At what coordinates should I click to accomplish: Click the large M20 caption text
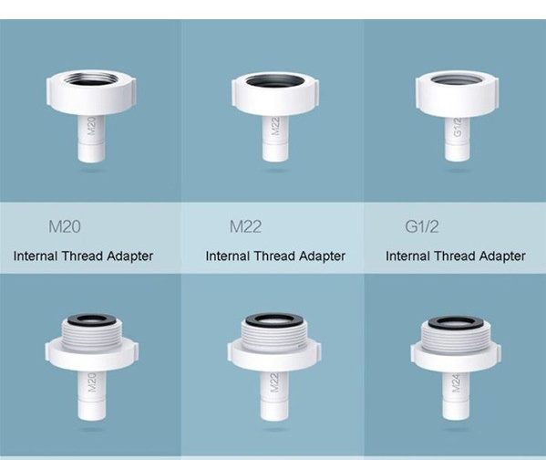tap(65, 226)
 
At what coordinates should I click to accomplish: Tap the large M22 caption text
tap(245, 226)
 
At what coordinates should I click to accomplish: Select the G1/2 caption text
tap(422, 226)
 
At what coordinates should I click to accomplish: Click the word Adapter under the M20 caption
tap(129, 256)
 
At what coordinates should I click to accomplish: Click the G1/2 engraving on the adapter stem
tap(458, 128)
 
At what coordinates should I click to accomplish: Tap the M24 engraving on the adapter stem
tap(456, 383)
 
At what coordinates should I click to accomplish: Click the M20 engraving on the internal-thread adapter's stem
tap(91, 126)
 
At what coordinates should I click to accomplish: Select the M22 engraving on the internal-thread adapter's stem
tap(275, 126)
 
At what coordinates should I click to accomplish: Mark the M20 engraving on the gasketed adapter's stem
tap(91, 382)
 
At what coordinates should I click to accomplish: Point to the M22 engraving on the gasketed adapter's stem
tap(274, 382)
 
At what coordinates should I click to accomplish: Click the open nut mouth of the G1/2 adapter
tap(457, 79)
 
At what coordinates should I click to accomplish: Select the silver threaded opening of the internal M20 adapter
tap(91, 78)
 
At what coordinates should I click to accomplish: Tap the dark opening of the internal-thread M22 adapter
tap(274, 81)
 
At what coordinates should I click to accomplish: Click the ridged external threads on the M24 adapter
tap(456, 338)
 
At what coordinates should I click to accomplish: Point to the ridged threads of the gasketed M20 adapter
tap(91, 335)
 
